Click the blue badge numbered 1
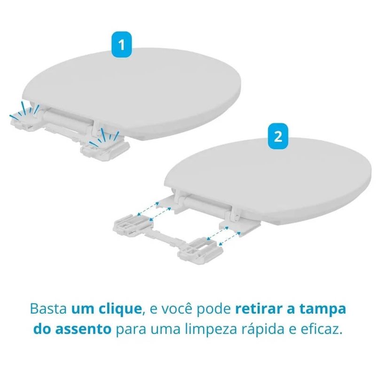point(122,45)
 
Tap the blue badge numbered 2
point(278,136)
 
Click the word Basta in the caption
point(48,309)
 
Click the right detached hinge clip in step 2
point(200,251)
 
